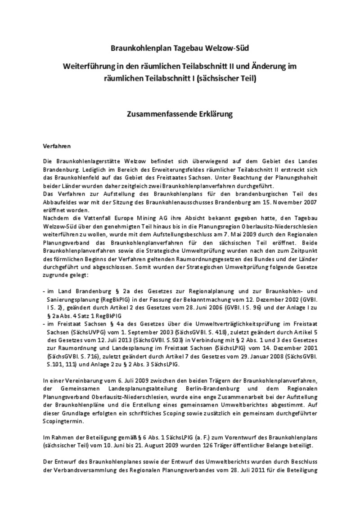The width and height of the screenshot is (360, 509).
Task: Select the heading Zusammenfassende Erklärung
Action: (180, 114)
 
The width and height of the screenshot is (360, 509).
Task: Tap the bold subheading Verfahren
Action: (57, 146)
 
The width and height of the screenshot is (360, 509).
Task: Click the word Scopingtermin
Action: (62, 421)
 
